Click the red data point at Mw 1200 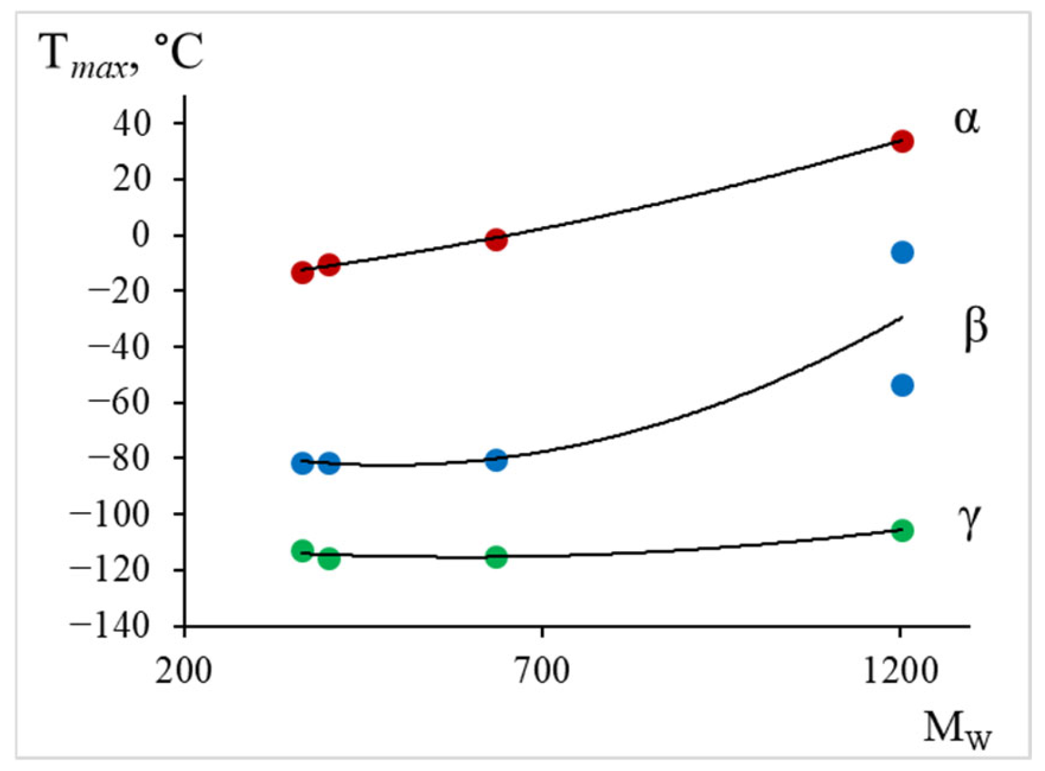[x=902, y=142]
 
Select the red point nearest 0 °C [x=496, y=240]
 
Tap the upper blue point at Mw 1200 [x=902, y=253]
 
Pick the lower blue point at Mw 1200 [x=902, y=385]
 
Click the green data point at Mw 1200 [x=902, y=530]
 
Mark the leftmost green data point [x=302, y=551]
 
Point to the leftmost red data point [x=302, y=273]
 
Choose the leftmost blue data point [x=302, y=464]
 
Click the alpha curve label [x=966, y=120]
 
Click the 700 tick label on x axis [x=542, y=671]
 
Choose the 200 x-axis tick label [x=184, y=671]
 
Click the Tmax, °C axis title [x=121, y=54]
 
